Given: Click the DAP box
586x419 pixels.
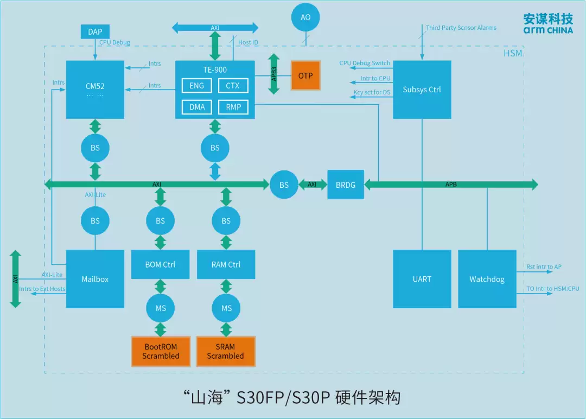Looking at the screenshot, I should click(x=95, y=31).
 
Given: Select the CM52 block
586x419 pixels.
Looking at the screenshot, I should click(x=95, y=89).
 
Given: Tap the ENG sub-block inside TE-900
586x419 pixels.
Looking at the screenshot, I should click(x=197, y=86).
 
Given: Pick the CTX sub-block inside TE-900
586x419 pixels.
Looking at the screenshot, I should click(x=233, y=86).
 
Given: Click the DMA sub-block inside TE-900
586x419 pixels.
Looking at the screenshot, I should click(x=197, y=107).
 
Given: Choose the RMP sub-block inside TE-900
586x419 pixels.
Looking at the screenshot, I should click(x=233, y=107).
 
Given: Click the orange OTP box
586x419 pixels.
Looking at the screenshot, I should click(x=305, y=75).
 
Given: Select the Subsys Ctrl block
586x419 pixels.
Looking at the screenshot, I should click(x=422, y=90).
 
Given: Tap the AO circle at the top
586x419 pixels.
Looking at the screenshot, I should click(x=305, y=17).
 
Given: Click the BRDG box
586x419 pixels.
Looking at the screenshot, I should click(x=346, y=185).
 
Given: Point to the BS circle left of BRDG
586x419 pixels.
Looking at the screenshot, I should click(x=284, y=185).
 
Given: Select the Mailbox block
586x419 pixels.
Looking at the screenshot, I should click(x=95, y=279).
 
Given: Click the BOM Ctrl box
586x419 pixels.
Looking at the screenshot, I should click(x=160, y=264).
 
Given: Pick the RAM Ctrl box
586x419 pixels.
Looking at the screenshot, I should click(x=226, y=264).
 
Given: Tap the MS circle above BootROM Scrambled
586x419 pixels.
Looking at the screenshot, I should click(x=161, y=308).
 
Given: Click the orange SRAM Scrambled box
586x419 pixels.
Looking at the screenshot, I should click(x=226, y=351).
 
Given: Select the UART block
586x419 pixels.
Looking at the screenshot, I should click(x=422, y=279).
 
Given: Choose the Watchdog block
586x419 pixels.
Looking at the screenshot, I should click(x=487, y=279).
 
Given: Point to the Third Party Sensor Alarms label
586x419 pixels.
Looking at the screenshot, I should click(x=461, y=28).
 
